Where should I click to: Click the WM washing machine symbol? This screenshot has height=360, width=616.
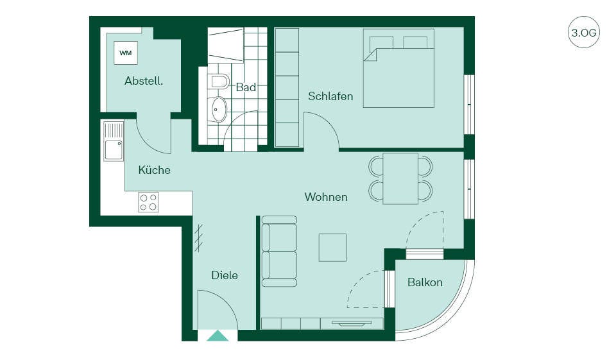pyautogui.click(x=126, y=53)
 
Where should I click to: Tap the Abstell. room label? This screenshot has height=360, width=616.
pyautogui.click(x=144, y=81)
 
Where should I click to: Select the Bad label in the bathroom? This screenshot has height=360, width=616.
pyautogui.click(x=246, y=87)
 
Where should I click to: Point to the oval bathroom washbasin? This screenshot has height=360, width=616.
pyautogui.click(x=219, y=109)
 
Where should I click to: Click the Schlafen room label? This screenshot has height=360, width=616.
pyautogui.click(x=330, y=96)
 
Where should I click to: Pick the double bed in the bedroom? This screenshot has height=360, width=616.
pyautogui.click(x=398, y=68)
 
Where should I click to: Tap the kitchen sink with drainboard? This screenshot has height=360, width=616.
pyautogui.click(x=114, y=141)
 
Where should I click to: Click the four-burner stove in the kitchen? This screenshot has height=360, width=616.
pyautogui.click(x=148, y=202)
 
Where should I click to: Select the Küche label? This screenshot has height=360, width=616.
pyautogui.click(x=155, y=170)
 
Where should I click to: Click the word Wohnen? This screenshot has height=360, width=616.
pyautogui.click(x=326, y=196)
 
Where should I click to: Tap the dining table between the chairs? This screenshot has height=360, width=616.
pyautogui.click(x=400, y=178)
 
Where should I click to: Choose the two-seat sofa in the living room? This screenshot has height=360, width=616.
pyautogui.click(x=279, y=251)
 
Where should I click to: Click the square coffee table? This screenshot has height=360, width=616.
pyautogui.click(x=333, y=248)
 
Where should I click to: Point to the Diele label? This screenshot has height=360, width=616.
pyautogui.click(x=225, y=275)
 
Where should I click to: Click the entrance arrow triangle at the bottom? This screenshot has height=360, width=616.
pyautogui.click(x=218, y=336)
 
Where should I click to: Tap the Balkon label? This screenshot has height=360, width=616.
pyautogui.click(x=425, y=282)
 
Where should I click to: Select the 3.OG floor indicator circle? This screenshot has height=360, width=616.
pyautogui.click(x=584, y=32)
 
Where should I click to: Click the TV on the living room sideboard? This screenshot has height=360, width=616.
pyautogui.click(x=352, y=323)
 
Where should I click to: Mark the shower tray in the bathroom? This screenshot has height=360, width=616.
pyautogui.click(x=225, y=45)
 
